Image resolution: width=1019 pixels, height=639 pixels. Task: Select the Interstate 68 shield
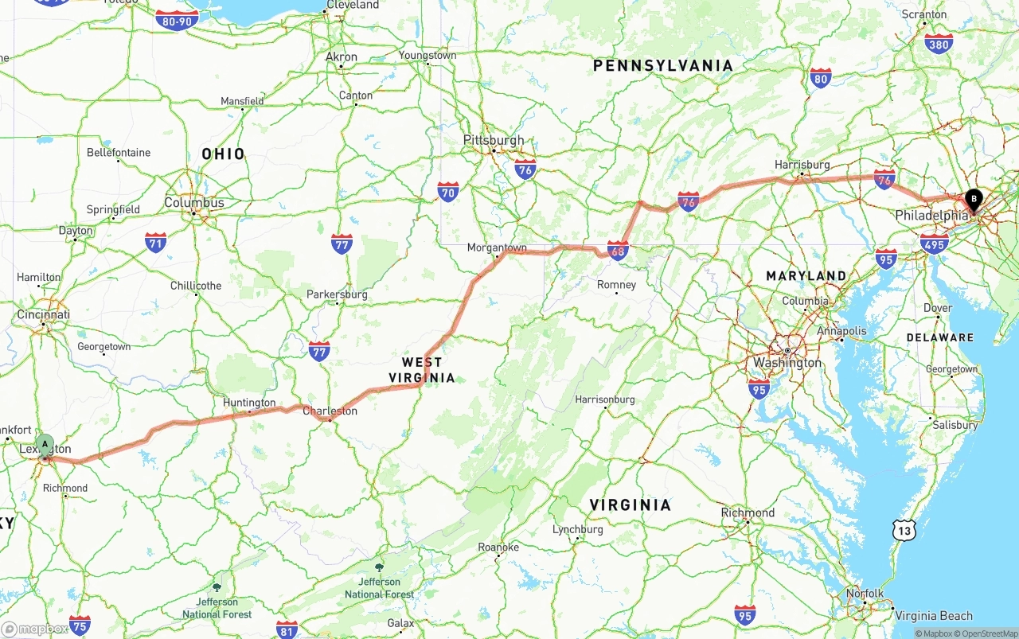pos(617,250)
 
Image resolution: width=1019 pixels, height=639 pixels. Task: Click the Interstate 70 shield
pos(448,192)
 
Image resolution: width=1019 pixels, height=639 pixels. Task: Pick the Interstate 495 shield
pos(934,244)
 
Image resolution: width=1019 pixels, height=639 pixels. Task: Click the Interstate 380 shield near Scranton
pos(939,44)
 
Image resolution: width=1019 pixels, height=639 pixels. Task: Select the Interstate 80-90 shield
pos(177,21)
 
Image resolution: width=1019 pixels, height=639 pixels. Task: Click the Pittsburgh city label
pos(494,140)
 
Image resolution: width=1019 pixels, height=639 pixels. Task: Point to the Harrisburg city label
pos(802,165)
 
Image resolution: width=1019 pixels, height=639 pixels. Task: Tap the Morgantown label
pos(497,247)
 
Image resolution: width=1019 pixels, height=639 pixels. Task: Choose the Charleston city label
pos(330,411)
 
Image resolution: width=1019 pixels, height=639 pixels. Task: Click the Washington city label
pos(787,363)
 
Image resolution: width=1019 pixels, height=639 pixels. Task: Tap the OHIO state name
pos(223,154)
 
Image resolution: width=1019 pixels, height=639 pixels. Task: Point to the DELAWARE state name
pos(939,337)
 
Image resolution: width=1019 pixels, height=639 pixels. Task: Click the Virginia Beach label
pos(933,615)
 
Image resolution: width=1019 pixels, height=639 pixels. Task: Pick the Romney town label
pos(616,284)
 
